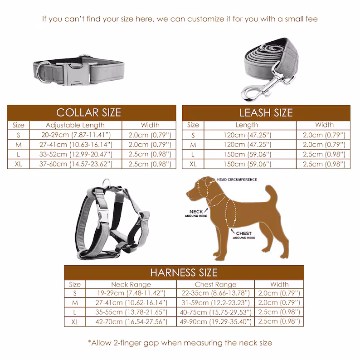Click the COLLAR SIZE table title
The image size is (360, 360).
88,112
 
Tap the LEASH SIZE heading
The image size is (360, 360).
266,112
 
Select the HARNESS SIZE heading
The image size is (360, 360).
184,272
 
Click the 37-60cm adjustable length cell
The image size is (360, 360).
75,164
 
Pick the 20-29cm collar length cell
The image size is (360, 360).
75,135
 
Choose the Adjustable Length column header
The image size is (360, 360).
75,125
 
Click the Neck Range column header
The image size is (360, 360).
131,284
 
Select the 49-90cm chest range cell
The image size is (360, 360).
215,321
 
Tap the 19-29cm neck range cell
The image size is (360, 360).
131,293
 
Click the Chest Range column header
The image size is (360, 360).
215,284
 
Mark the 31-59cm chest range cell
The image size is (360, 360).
215,302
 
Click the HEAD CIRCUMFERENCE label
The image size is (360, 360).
237,180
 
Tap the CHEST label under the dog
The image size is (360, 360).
244,234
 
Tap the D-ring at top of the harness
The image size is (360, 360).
106,184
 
